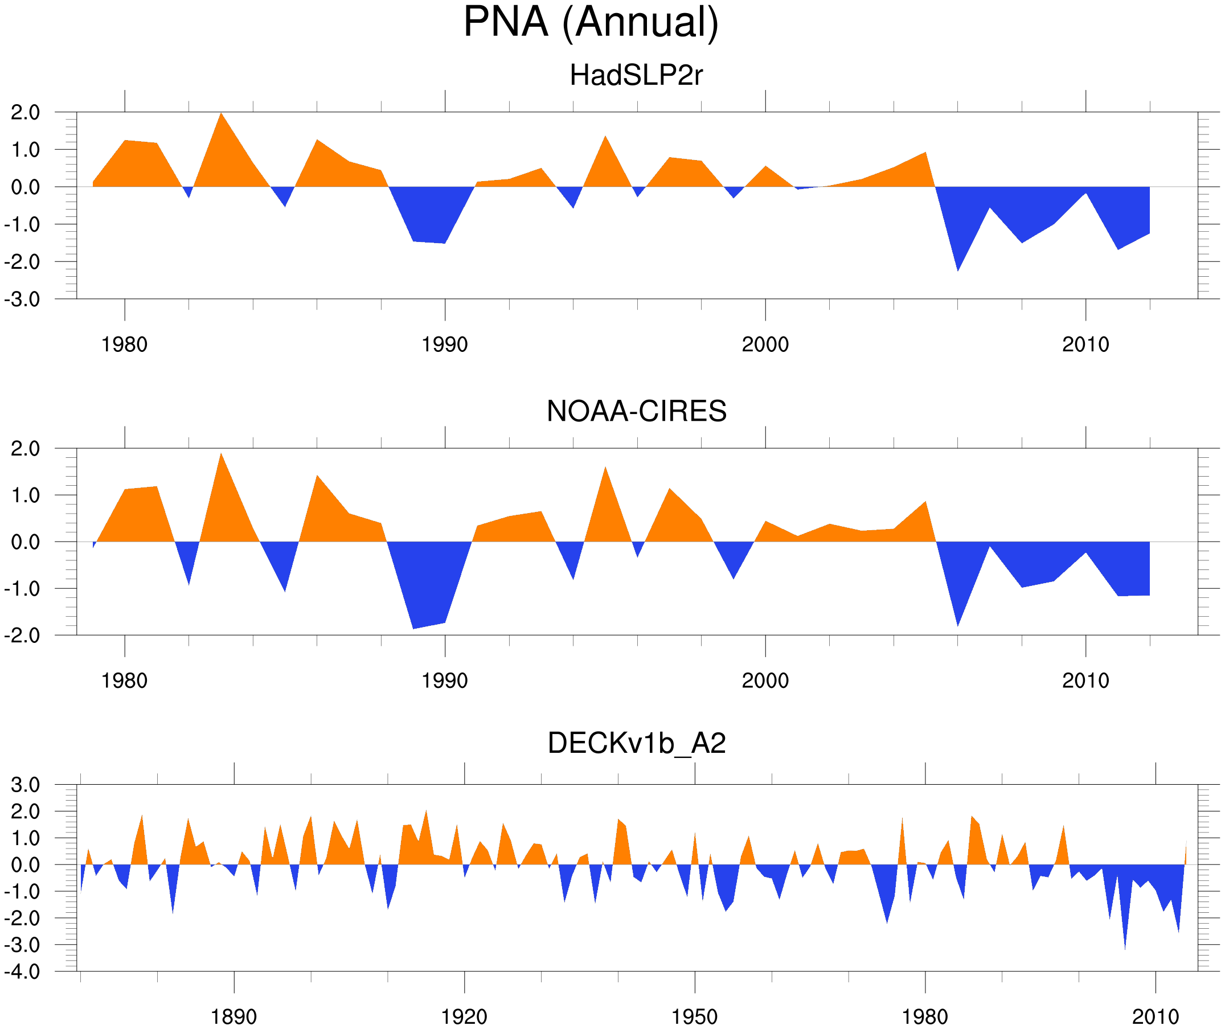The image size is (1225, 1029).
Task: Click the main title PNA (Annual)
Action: (x=591, y=22)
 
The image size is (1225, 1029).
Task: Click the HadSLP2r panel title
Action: (x=636, y=75)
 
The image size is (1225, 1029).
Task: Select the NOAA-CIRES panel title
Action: (x=636, y=411)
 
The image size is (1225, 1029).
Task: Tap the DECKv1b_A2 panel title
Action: (x=636, y=744)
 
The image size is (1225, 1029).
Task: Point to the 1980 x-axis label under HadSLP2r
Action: (x=124, y=345)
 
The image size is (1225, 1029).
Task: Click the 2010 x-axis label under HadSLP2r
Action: (x=1085, y=345)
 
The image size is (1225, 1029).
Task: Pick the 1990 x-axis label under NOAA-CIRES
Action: (x=445, y=680)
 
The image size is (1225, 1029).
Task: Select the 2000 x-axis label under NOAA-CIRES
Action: (x=765, y=680)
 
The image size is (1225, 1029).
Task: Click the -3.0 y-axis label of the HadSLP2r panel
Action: (x=22, y=300)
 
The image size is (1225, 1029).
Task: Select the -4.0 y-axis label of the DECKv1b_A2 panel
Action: (x=22, y=972)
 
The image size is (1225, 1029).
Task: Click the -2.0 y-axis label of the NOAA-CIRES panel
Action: (x=22, y=636)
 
